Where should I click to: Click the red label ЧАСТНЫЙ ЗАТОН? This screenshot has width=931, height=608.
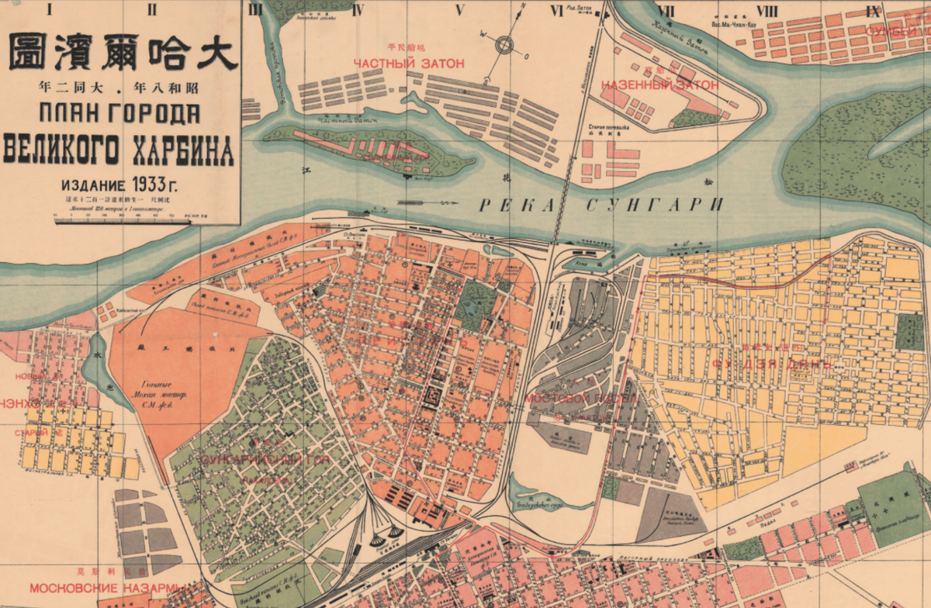point(408,63)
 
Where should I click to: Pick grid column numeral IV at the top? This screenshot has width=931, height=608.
point(358,11)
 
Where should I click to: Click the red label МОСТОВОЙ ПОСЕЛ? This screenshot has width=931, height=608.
point(581,398)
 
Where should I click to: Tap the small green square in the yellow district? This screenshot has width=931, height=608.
point(910,331)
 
